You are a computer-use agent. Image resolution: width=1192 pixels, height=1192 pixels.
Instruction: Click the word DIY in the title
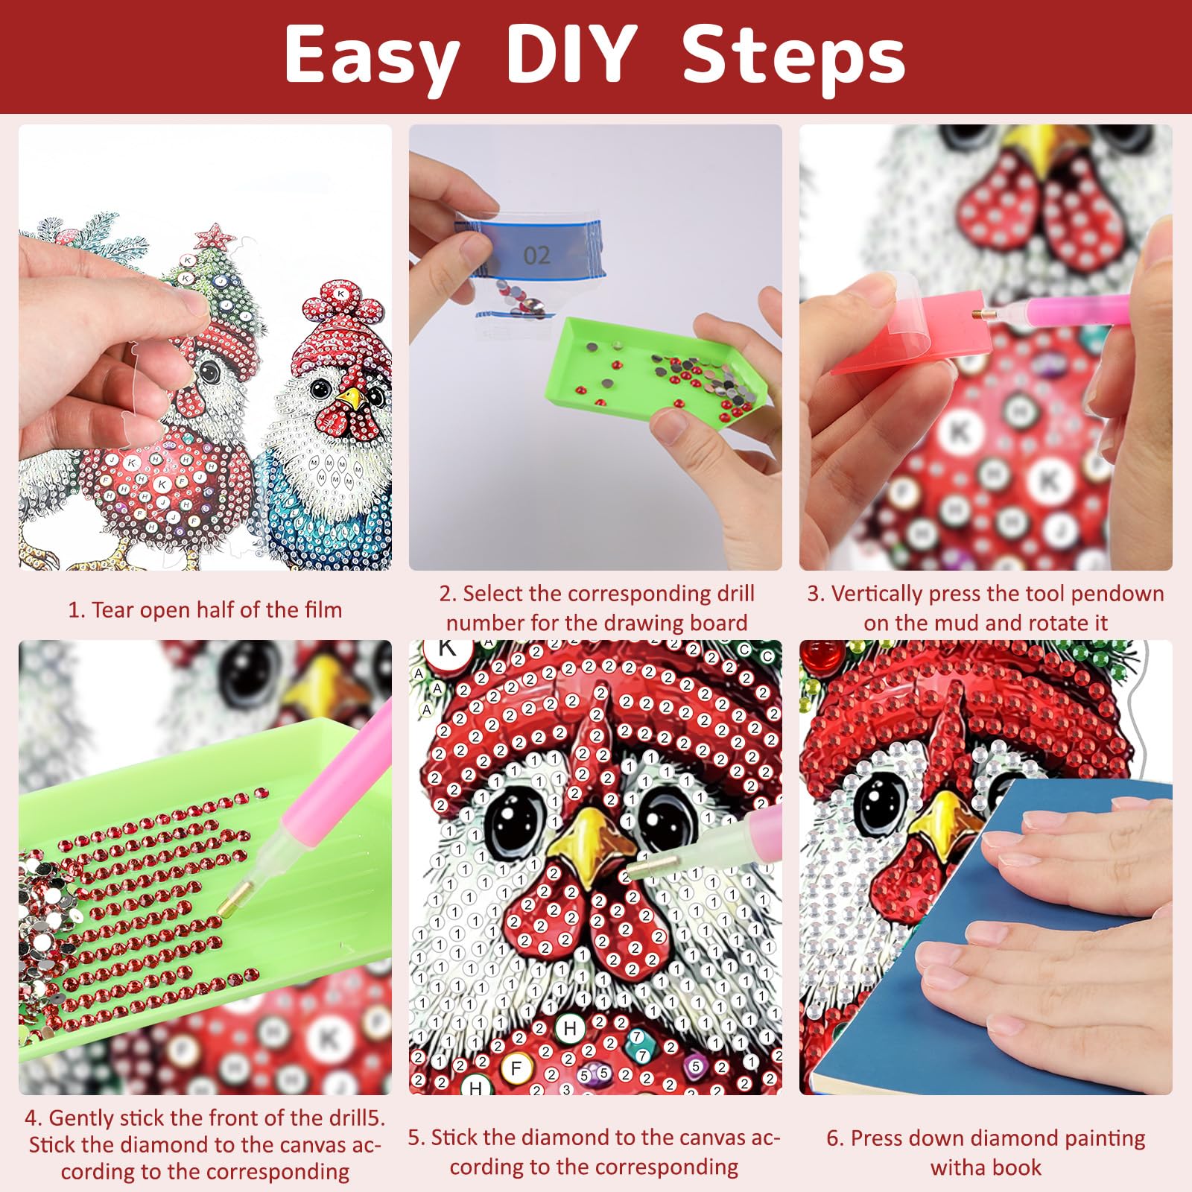(571, 54)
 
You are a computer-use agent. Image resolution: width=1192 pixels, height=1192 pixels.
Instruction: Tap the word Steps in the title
(794, 57)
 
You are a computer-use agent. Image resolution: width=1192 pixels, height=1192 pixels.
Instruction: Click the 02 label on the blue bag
(536, 256)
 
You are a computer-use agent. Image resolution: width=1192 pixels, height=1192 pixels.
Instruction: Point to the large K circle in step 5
(447, 648)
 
